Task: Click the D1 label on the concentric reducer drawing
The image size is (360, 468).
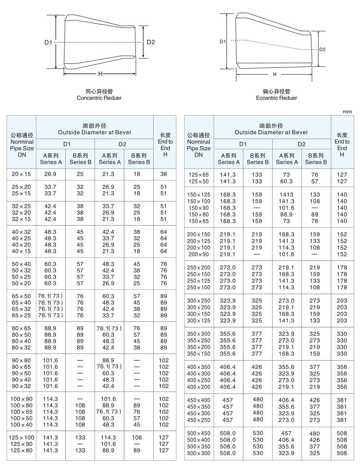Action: click(48, 42)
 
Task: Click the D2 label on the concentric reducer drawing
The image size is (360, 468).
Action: click(151, 42)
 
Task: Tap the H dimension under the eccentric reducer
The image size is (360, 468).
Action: click(274, 75)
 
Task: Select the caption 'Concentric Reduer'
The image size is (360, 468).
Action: click(99, 98)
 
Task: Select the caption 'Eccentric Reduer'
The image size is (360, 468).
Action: click(276, 98)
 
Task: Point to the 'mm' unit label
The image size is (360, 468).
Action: click(347, 111)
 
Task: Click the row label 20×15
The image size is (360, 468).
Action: click(21, 174)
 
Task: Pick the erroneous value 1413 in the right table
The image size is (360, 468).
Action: click(286, 194)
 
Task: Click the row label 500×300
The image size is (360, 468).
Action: click(199, 453)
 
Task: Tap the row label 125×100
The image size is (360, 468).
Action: click(22, 437)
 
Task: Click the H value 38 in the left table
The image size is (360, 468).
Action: click(163, 174)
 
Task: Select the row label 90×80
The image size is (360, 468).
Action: click(21, 360)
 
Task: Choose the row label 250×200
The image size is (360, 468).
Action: click(199, 268)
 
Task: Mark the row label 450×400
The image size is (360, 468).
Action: click(199, 400)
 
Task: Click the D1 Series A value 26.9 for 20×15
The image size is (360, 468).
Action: click(50, 174)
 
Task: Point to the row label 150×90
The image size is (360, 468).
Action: click(199, 208)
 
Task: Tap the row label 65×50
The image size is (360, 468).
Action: click(21, 296)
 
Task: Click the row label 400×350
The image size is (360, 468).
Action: click(199, 367)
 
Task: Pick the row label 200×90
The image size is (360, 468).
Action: click(199, 254)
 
